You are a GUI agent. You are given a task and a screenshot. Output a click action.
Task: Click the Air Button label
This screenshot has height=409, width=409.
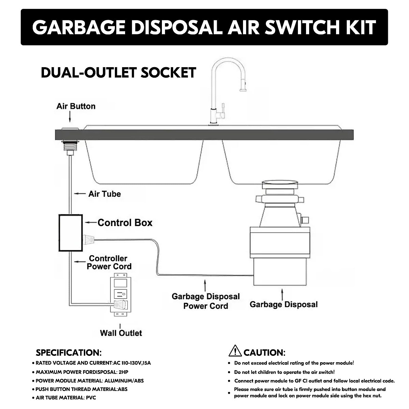tap(76, 106)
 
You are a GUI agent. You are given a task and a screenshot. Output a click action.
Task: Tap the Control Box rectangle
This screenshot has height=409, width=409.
tap(71, 233)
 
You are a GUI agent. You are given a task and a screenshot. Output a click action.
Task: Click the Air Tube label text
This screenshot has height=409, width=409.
tap(104, 194)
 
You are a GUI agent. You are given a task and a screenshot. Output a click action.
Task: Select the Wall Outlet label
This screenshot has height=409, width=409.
tap(121, 333)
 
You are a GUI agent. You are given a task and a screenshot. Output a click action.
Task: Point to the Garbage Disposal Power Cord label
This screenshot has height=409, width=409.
tap(206, 301)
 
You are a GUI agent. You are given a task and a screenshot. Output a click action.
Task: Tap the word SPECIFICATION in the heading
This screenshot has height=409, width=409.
tap(68, 353)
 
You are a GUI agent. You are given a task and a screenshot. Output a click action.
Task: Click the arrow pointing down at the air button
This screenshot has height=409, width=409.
tap(70, 118)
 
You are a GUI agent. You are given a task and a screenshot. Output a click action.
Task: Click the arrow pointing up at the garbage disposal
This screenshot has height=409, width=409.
tap(282, 294)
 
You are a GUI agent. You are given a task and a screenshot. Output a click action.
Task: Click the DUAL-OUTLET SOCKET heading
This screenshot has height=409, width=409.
tap(118, 73)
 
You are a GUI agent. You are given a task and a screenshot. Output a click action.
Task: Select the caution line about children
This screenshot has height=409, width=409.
tap(284, 373)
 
